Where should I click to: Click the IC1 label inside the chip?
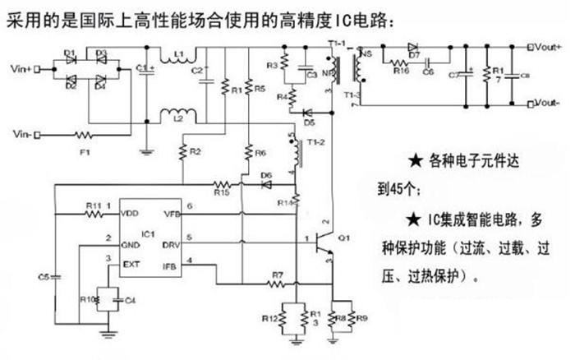(148, 235)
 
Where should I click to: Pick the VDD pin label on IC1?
(129, 214)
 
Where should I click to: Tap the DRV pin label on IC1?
(172, 245)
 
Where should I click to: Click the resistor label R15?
(220, 192)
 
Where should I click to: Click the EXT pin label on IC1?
(129, 265)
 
